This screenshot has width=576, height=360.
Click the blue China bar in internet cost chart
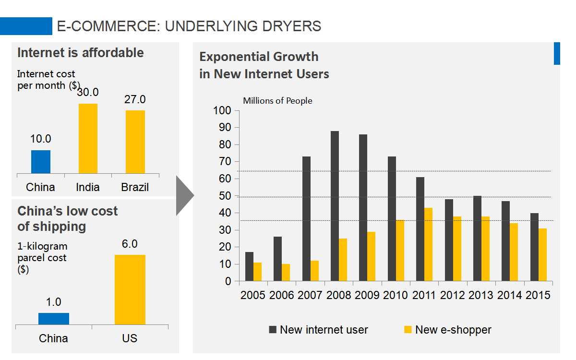pyautogui.click(x=41, y=162)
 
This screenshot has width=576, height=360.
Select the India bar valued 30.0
pyautogui.click(x=88, y=139)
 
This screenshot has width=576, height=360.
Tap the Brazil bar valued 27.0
pyautogui.click(x=135, y=142)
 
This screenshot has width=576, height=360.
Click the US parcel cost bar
pyautogui.click(x=130, y=289)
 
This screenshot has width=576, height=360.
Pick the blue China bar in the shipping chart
pyautogui.click(x=54, y=319)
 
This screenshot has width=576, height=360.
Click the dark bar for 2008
pyautogui.click(x=335, y=206)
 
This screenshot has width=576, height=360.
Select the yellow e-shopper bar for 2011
pyautogui.click(x=428, y=244)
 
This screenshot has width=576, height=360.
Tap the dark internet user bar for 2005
pyautogui.click(x=249, y=266)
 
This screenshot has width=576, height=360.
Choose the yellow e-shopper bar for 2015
pyautogui.click(x=542, y=254)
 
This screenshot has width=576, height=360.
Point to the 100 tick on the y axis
pyautogui.click(x=222, y=110)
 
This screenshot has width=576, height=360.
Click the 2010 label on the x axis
pyautogui.click(x=396, y=295)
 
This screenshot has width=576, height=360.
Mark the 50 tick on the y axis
pyautogui.click(x=225, y=196)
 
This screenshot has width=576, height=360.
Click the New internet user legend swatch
pyautogui.click(x=273, y=329)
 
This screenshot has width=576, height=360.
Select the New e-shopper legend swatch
pyautogui.click(x=408, y=329)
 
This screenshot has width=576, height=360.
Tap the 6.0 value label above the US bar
pyautogui.click(x=130, y=244)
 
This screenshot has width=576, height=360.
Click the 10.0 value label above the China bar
pyautogui.click(x=41, y=139)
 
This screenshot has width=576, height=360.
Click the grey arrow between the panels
pyautogui.click(x=184, y=196)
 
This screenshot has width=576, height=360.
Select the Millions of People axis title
pyautogui.click(x=277, y=101)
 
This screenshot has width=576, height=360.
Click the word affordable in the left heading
pyautogui.click(x=113, y=53)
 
